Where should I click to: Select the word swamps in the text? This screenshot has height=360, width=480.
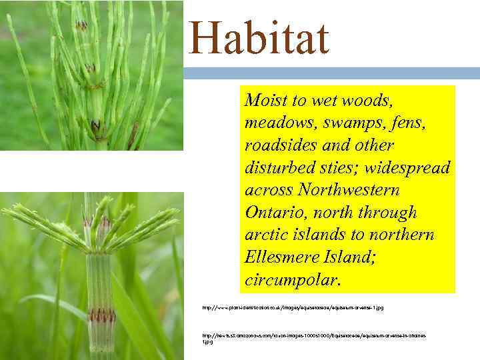pos(342,123)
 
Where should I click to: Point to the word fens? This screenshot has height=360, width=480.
pos(398,123)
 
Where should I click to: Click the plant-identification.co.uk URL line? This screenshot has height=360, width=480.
pos(293,308)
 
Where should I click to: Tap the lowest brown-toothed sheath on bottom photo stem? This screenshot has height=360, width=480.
pos(101,315)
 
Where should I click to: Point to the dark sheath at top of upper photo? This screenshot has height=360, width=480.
pos(82,25)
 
